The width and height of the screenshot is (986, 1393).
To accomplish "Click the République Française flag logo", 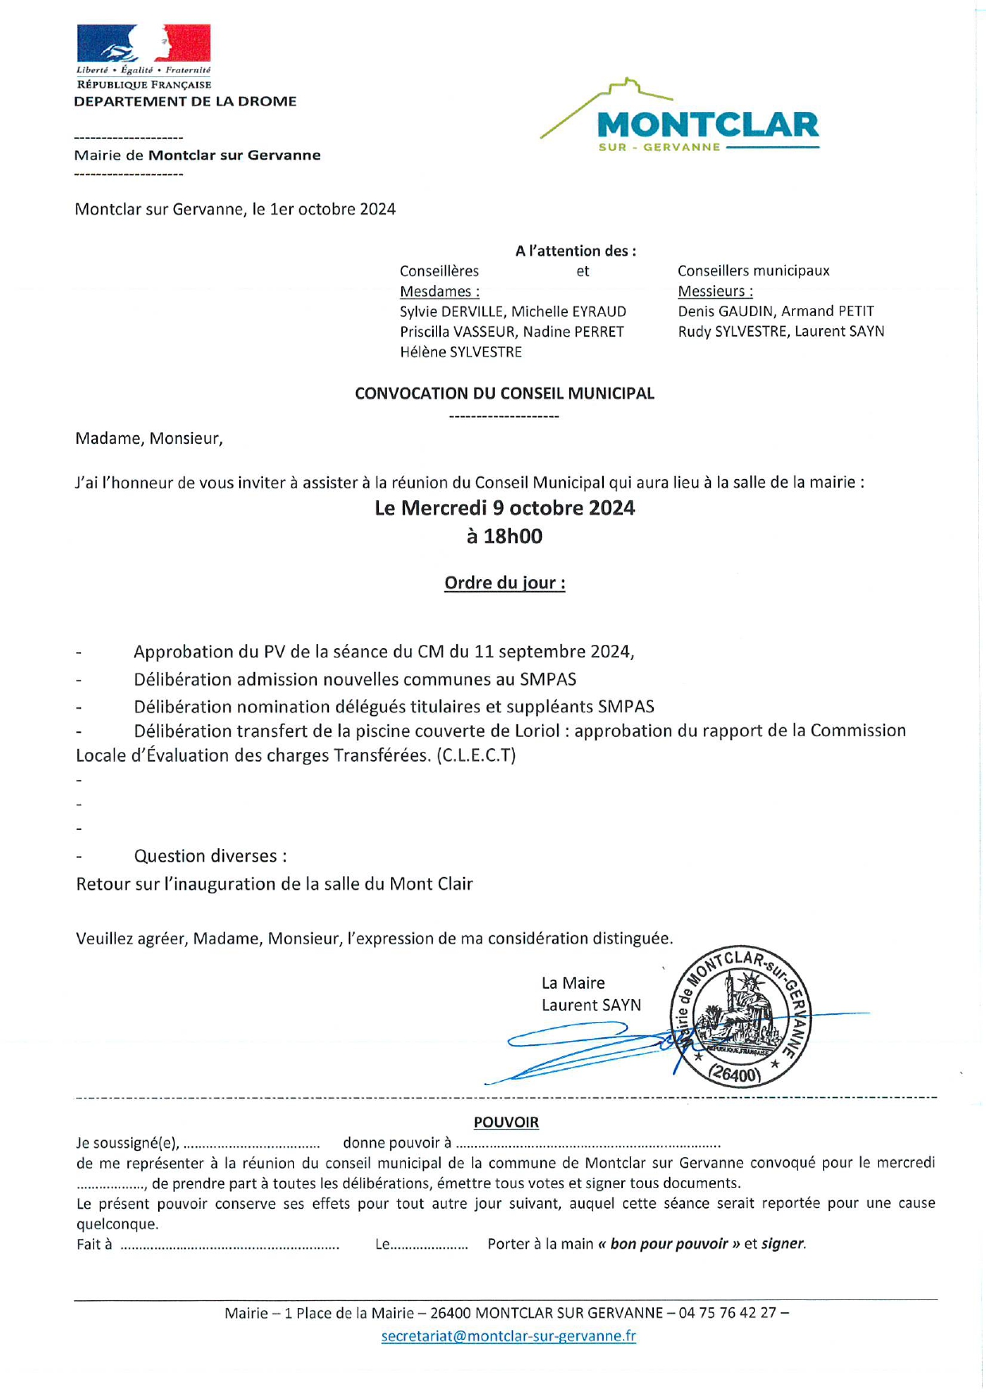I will (x=144, y=44).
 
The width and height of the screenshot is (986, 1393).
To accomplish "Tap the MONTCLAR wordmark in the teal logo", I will (x=707, y=125).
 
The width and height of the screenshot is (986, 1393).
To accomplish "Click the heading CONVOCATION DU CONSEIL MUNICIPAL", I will (x=505, y=393).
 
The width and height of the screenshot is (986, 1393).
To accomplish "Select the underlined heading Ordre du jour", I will (x=505, y=583).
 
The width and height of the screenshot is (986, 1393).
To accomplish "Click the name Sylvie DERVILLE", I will (x=452, y=311).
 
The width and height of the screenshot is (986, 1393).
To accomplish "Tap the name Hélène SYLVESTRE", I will (x=461, y=352).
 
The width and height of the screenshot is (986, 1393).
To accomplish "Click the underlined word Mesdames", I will (x=439, y=291).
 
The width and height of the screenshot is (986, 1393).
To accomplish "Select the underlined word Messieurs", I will (x=715, y=291).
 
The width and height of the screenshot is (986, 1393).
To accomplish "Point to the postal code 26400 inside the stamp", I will (x=735, y=1075).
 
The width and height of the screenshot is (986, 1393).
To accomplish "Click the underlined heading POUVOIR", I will (x=506, y=1122).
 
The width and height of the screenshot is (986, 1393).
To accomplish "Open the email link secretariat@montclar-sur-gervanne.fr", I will (x=508, y=1336).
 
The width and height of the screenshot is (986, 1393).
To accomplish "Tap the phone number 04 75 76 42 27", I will (x=727, y=1313).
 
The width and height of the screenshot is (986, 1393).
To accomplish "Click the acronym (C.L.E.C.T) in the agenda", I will (x=476, y=755).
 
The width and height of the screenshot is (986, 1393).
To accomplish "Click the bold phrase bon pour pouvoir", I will (x=668, y=1244).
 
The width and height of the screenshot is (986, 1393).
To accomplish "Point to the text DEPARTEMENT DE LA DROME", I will (x=185, y=102).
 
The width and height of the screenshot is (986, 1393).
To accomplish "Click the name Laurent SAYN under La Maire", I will (x=591, y=1005).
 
